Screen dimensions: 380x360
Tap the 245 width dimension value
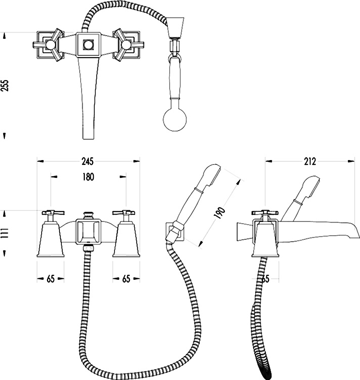[87, 161]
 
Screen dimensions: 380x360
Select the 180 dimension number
[88, 177]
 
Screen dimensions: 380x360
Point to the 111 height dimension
[5, 233]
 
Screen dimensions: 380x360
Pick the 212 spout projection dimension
[310, 161]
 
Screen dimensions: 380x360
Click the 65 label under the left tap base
[51, 279]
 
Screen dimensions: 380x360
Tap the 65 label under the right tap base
[126, 279]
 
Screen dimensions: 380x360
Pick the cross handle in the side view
[265, 213]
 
